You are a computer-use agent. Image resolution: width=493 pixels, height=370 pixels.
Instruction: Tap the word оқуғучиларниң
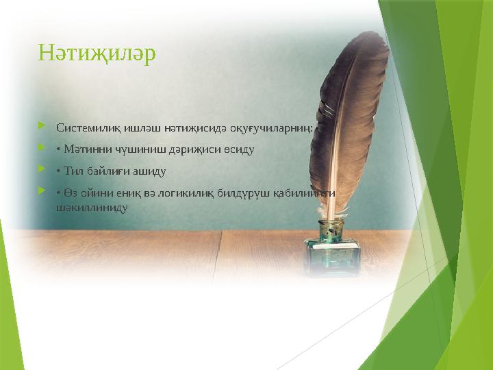click(x=273, y=127)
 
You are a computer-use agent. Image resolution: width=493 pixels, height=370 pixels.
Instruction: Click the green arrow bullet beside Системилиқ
click(x=42, y=127)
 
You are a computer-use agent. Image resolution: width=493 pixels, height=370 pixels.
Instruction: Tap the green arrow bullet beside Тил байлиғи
click(x=42, y=170)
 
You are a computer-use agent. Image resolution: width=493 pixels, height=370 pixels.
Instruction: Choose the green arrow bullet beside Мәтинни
click(x=42, y=148)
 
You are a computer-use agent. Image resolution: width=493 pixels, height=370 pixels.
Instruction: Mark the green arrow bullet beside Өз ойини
click(x=42, y=192)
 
